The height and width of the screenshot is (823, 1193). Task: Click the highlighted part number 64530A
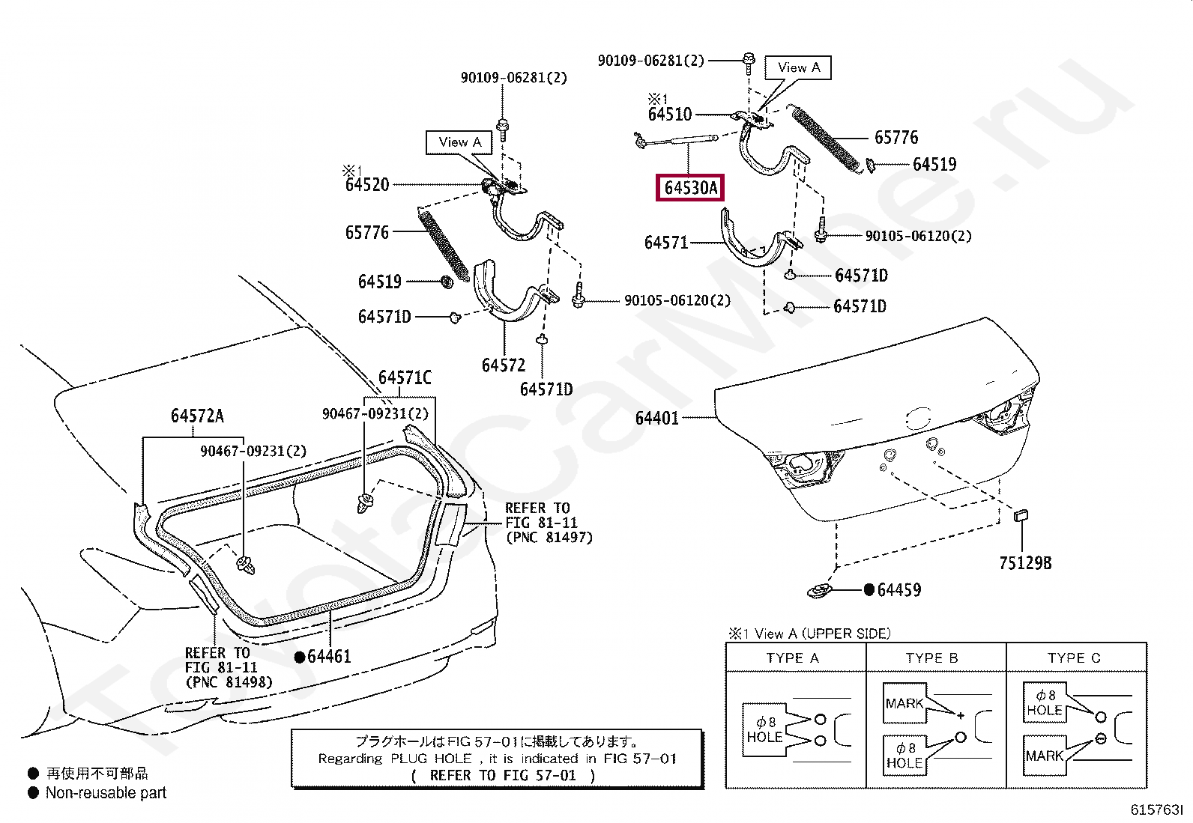point(690,188)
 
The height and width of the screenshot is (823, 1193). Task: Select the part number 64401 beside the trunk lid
point(656,419)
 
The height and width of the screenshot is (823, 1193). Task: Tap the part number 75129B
point(1025,563)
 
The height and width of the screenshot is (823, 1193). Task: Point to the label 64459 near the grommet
point(898,590)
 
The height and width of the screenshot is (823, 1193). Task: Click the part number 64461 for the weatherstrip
point(329,656)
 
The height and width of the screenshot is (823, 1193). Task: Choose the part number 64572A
point(197,416)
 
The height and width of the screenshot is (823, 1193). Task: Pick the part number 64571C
point(405,377)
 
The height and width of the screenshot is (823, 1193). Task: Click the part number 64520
point(367,185)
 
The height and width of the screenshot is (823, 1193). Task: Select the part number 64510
point(670,114)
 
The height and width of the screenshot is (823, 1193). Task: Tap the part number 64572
point(504,365)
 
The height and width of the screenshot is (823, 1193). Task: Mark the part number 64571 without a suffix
point(666,243)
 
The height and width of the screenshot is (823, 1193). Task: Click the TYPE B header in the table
point(931,658)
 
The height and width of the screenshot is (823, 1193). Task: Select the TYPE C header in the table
point(1074,658)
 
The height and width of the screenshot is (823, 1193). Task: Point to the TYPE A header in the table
point(793,658)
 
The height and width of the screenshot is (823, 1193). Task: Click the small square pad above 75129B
point(1021,515)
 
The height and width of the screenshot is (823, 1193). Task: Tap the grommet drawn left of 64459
point(819,591)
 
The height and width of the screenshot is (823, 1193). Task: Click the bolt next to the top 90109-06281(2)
point(749,62)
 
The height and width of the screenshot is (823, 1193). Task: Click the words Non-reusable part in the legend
point(106,792)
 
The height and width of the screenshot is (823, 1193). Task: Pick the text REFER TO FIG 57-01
point(503,776)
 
